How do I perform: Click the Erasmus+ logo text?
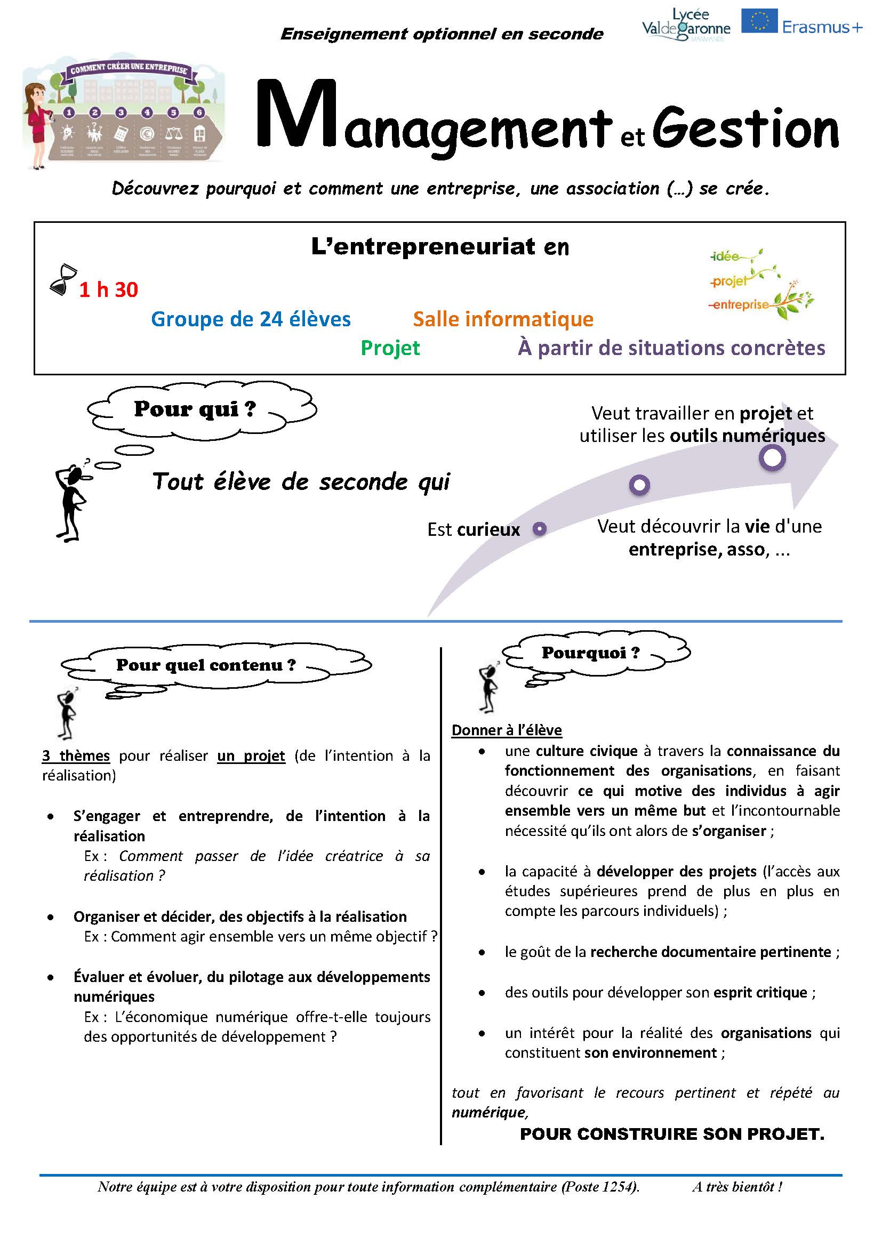coord(822,27)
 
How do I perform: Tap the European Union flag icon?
coord(759,21)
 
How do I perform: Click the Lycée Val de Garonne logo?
coord(686,25)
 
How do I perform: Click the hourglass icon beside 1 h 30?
coord(63,280)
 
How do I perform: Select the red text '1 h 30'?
coord(109,290)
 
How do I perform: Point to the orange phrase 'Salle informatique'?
coord(503,319)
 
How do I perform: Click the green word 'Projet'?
coord(390,348)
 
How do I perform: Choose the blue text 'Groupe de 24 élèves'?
coord(251,319)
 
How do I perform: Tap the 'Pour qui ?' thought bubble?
coord(201,409)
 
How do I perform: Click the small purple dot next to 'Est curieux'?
coord(539,528)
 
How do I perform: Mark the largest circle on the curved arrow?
coord(772,458)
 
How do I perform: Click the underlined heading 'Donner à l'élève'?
coord(506,730)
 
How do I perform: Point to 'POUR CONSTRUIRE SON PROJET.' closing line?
coord(672,1134)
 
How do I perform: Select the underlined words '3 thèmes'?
coord(76,755)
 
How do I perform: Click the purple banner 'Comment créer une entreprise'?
coord(128,69)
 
